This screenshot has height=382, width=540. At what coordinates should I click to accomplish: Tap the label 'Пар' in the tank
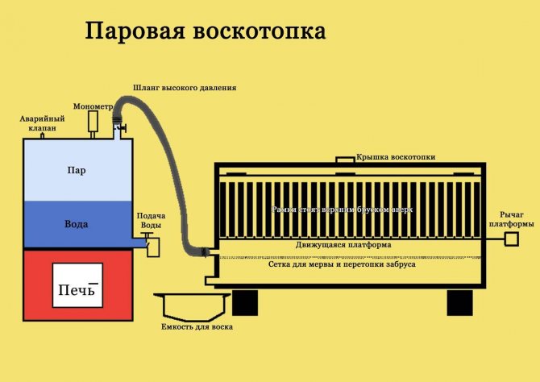pyautogui.click(x=77, y=171)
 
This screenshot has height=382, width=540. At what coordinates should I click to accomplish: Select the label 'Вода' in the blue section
pyautogui.click(x=77, y=223)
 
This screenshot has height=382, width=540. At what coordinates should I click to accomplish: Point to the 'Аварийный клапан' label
pyautogui.click(x=41, y=122)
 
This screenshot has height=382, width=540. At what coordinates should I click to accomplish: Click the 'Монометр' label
pyautogui.click(x=92, y=106)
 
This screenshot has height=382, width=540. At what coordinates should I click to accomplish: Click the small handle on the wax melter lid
pyautogui.click(x=344, y=160)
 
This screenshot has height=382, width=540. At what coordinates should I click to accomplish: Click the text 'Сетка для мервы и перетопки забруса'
pyautogui.click(x=342, y=263)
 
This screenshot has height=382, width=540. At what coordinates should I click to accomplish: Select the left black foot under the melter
pyautogui.click(x=245, y=302)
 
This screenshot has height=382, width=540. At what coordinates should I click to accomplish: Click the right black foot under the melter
pyautogui.click(x=460, y=302)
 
